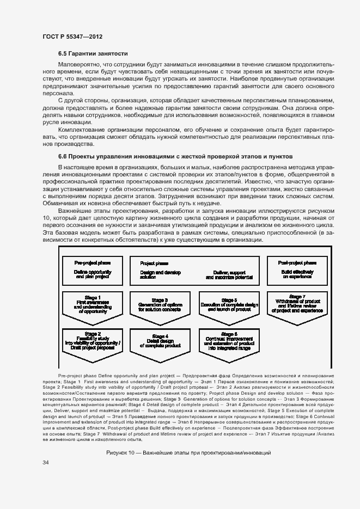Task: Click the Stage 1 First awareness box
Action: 93,306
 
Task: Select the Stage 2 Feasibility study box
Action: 93,341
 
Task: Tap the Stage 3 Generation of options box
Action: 160,306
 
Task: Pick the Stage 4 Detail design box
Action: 160,341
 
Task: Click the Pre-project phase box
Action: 93,270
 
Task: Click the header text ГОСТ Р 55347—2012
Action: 72,36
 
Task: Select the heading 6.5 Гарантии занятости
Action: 93,54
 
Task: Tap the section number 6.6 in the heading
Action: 63,156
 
